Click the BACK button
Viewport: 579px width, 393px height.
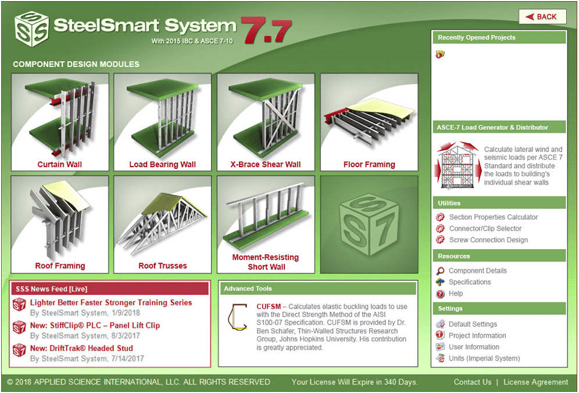[x=542, y=17]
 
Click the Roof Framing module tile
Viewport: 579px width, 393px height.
[x=60, y=224]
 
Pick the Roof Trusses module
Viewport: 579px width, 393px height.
[x=162, y=224]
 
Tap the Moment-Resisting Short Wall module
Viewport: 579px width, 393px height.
[x=266, y=224]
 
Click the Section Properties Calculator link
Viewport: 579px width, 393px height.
[x=493, y=217]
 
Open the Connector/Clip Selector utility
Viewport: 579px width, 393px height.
[x=485, y=229]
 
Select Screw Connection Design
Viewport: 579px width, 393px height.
[x=488, y=240]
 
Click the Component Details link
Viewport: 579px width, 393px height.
[x=477, y=271]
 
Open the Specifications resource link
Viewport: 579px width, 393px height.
[x=470, y=282]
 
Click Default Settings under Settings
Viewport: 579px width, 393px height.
[x=473, y=324]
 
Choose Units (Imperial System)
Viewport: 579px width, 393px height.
[x=484, y=359]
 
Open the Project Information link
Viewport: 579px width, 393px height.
[x=477, y=336]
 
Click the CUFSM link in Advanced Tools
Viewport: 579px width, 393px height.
[x=269, y=307]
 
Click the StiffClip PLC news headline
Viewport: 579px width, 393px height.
[x=95, y=325]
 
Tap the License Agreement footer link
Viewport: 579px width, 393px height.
[x=535, y=383]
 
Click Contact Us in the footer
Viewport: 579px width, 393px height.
[x=473, y=383]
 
